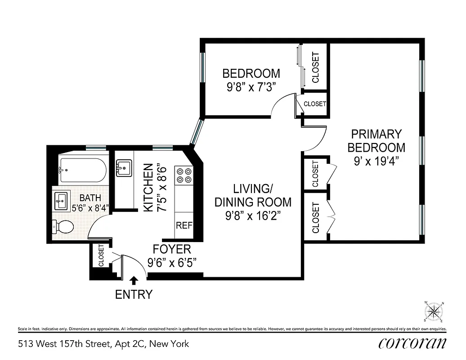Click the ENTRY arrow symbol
(x=134, y=281)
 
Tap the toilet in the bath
(x=63, y=227)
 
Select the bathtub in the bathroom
(x=83, y=171)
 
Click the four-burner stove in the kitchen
(x=184, y=175)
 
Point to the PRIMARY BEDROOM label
(x=376, y=140)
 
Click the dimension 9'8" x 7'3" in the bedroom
(x=251, y=86)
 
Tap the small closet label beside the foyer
(x=101, y=255)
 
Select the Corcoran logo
(x=412, y=343)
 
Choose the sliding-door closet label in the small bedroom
(x=315, y=67)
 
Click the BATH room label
(x=90, y=198)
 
